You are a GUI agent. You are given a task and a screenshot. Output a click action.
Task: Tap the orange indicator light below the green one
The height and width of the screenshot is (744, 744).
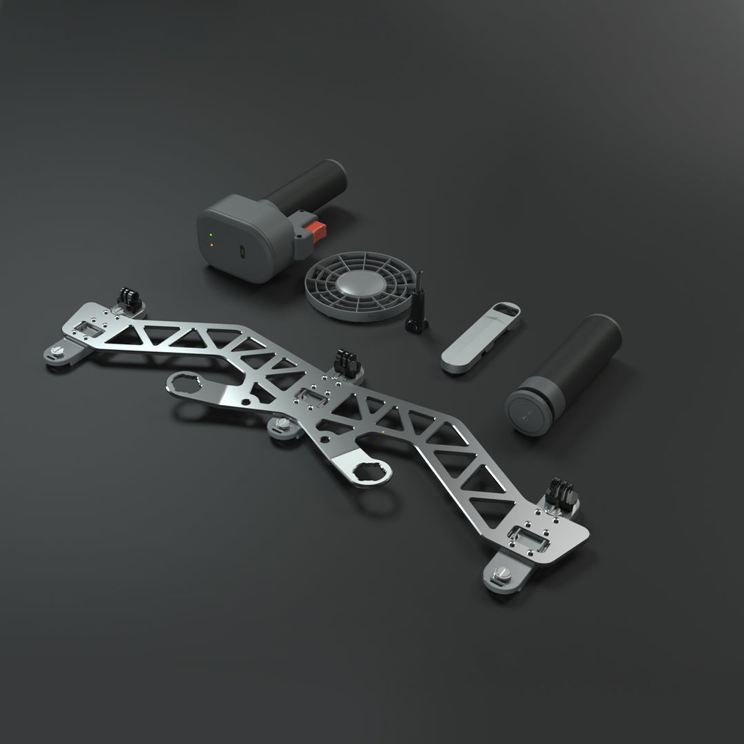pyautogui.click(x=211, y=245)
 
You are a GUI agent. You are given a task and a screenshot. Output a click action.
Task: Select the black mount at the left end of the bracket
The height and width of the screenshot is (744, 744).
pyautogui.click(x=129, y=298)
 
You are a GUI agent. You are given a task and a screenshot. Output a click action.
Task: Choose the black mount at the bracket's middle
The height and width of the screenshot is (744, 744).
pyautogui.click(x=347, y=362)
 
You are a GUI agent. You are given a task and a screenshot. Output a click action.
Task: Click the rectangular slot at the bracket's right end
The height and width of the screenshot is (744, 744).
pyautogui.click(x=530, y=536)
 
